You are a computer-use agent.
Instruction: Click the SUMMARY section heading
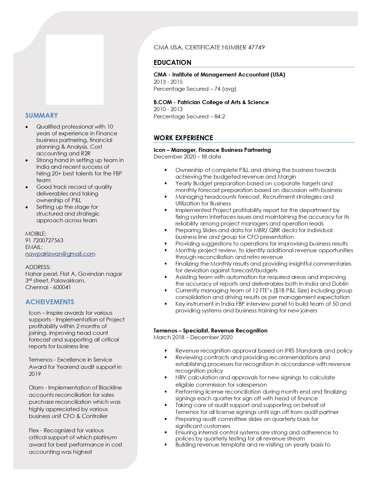pos(42,115)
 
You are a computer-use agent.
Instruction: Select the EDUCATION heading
pos(173,63)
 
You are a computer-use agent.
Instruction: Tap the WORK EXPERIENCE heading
pos(183,138)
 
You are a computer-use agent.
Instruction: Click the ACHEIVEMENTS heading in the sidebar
pos(50,302)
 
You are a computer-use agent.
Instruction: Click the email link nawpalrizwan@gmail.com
pos(60,254)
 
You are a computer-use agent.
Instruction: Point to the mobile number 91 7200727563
pos(44,240)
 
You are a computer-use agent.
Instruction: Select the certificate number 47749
pos(256,47)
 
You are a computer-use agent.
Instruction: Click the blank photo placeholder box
pos(75,70)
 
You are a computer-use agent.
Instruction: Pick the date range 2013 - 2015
pos(168,82)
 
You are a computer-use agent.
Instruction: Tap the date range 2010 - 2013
pos(168,109)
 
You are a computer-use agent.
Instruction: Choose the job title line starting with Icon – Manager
pos(212,150)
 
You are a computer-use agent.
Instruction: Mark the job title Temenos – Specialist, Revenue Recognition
pos(210,330)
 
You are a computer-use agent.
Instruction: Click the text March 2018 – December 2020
pos(193,337)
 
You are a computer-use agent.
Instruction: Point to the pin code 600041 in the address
pos(62,287)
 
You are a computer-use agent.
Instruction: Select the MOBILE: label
pos(36,234)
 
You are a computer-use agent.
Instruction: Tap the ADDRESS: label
pos(38,267)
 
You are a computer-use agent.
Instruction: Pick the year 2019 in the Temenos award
pos(35,374)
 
